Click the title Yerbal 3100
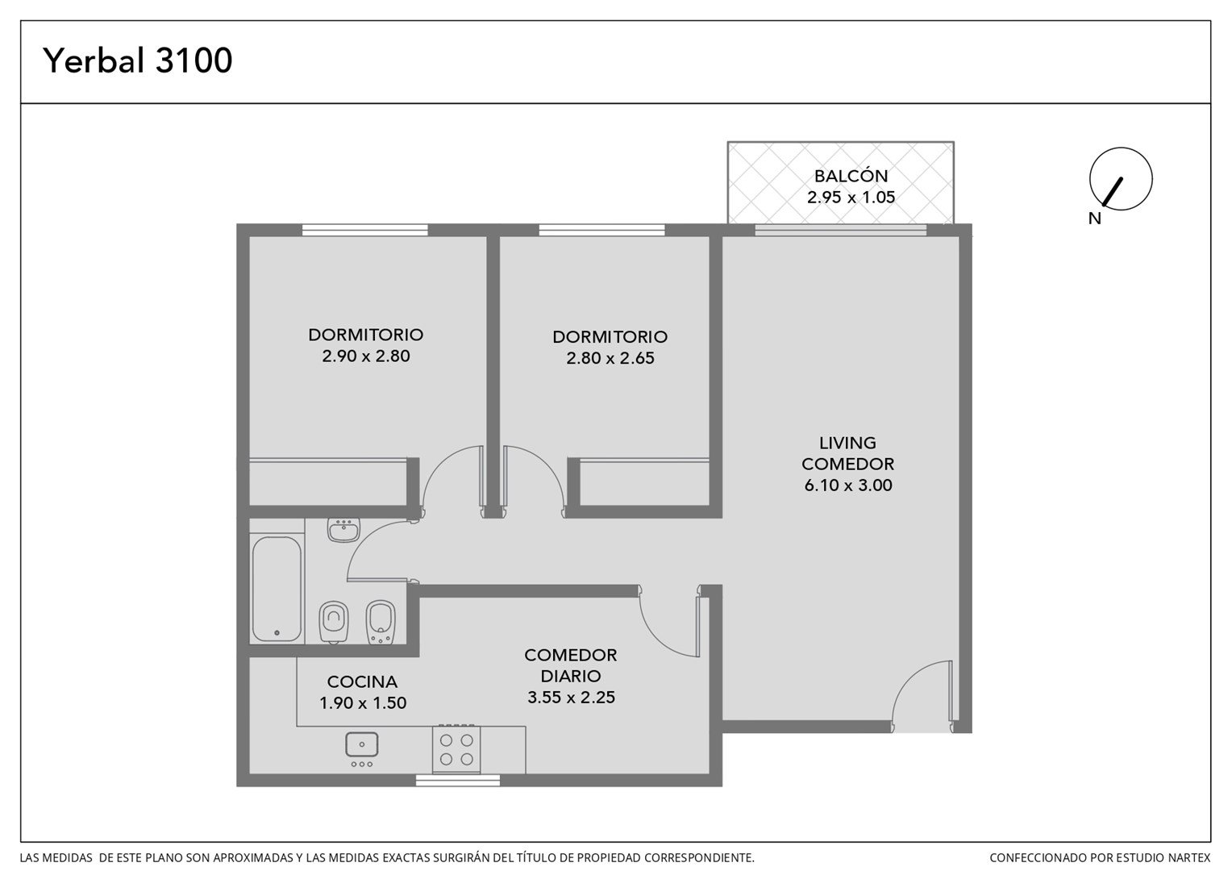(x=138, y=60)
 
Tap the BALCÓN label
(x=851, y=176)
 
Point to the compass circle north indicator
(x=1121, y=179)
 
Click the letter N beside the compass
(x=1094, y=219)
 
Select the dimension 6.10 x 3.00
(x=848, y=486)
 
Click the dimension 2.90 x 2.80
(x=366, y=356)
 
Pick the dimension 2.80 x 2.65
(x=610, y=358)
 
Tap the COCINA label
(x=362, y=681)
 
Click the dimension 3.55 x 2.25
(x=571, y=697)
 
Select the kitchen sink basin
(x=361, y=744)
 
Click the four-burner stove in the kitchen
(x=456, y=749)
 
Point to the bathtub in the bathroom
(x=277, y=590)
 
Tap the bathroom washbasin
(x=343, y=531)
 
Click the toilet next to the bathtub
(x=333, y=623)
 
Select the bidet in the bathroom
(x=381, y=623)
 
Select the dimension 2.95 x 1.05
(x=851, y=197)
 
